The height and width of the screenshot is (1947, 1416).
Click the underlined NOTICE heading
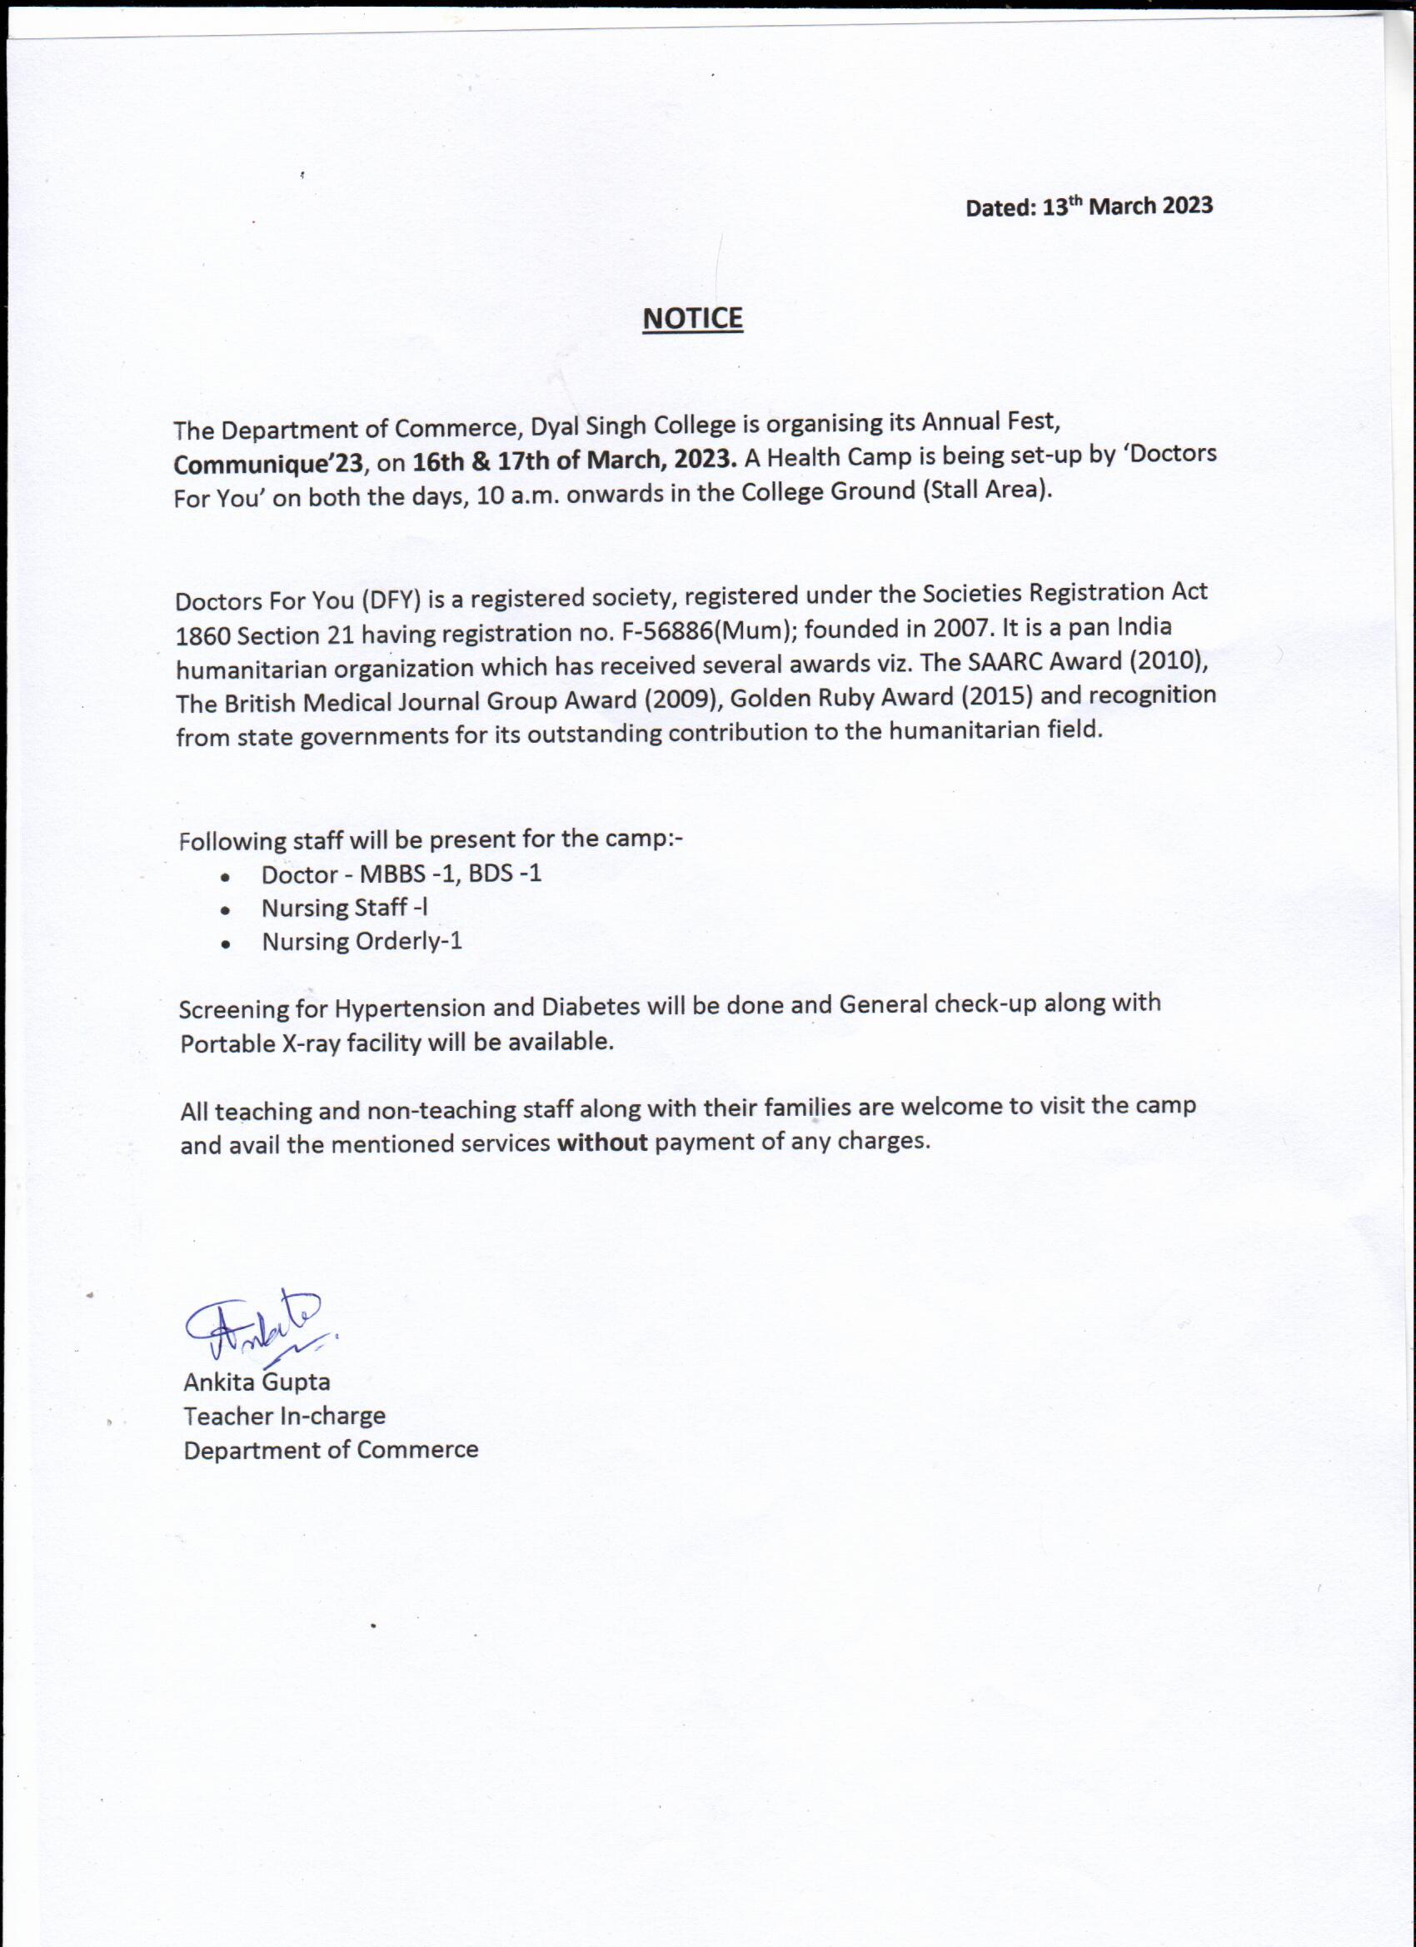click(x=692, y=318)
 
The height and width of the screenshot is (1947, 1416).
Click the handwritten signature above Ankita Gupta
click(x=255, y=1327)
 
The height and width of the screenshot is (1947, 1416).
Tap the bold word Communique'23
click(x=268, y=464)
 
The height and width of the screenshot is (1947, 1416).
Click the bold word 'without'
click(x=602, y=1142)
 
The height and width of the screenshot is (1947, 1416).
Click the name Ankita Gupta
click(x=257, y=1382)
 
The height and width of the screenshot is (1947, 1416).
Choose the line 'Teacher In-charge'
click(x=284, y=1416)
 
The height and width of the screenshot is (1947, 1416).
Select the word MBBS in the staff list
click(x=392, y=874)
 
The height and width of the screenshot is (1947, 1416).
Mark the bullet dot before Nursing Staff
click(x=225, y=910)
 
